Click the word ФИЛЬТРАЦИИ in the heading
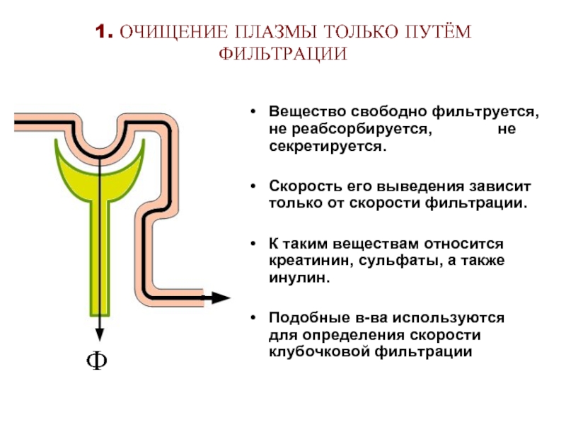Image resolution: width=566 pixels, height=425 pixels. click(283, 54)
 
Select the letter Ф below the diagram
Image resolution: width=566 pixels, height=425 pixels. click(97, 361)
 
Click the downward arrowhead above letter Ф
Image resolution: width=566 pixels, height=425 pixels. click(99, 335)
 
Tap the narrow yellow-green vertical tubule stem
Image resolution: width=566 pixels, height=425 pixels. click(99, 259)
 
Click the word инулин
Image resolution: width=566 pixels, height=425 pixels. click(299, 278)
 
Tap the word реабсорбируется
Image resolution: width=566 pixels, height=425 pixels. click(362, 129)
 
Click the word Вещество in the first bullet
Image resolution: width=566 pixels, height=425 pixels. click(308, 112)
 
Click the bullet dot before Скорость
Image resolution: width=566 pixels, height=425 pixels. click(253, 186)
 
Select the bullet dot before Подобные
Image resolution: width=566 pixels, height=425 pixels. click(253, 317)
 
